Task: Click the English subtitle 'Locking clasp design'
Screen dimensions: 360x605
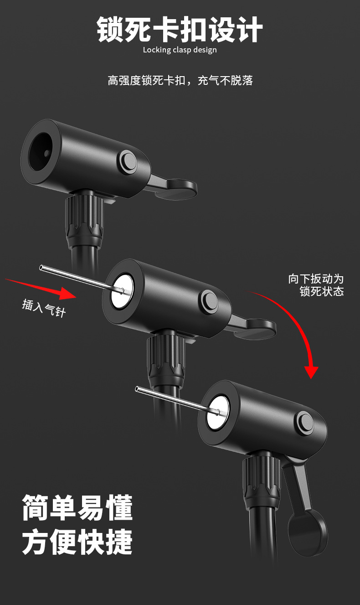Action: [180, 50]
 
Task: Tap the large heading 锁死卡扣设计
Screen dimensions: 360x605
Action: [180, 29]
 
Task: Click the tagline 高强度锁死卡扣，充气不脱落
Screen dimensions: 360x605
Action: [180, 81]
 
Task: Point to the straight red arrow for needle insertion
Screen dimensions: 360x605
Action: [41, 289]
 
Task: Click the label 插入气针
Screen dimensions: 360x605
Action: [44, 308]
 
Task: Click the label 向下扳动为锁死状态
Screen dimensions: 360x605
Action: [316, 285]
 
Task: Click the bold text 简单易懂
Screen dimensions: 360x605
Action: [77, 508]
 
